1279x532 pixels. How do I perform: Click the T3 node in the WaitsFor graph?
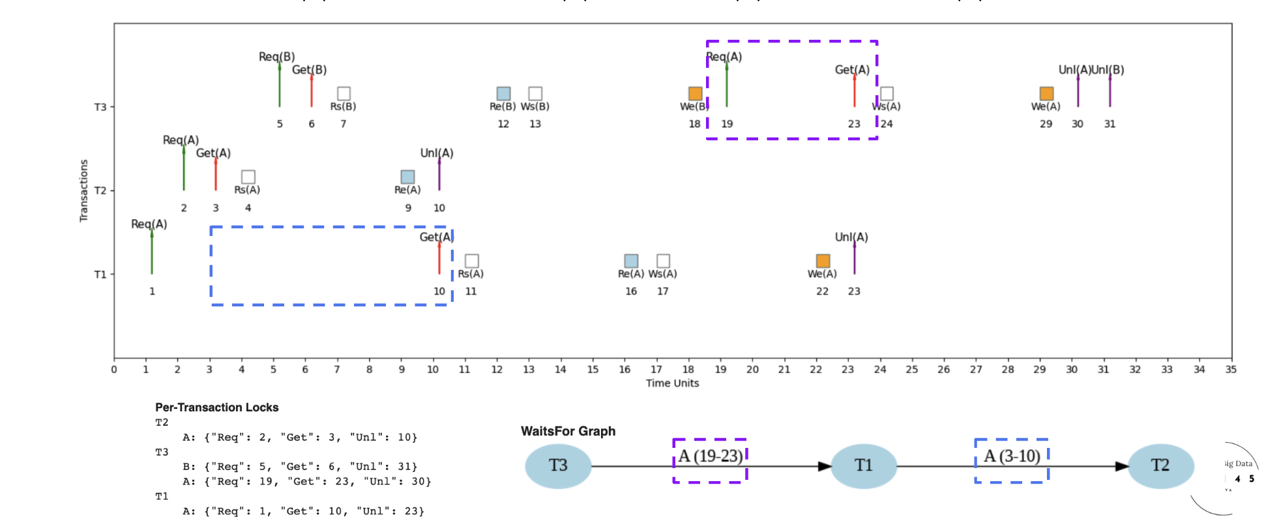pyautogui.click(x=558, y=465)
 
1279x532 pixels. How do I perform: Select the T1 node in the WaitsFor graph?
pyautogui.click(x=863, y=465)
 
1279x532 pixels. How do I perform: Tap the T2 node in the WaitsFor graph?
pyautogui.click(x=1160, y=465)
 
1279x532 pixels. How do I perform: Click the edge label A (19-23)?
pyautogui.click(x=710, y=456)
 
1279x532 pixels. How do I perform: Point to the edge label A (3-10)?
pyautogui.click(x=1012, y=456)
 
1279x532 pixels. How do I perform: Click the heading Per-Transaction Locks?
pyautogui.click(x=216, y=407)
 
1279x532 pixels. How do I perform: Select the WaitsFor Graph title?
pyautogui.click(x=568, y=431)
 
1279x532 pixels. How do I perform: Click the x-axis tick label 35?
pyautogui.click(x=1230, y=370)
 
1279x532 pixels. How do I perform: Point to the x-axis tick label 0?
pyautogui.click(x=114, y=370)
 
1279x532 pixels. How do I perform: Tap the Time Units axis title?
pyautogui.click(x=672, y=383)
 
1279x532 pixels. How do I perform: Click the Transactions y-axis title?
pyautogui.click(x=83, y=190)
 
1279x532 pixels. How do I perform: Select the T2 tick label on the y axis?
pyautogui.click(x=100, y=190)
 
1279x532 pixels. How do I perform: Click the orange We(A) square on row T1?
pyautogui.click(x=823, y=261)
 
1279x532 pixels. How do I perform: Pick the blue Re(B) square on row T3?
pyautogui.click(x=503, y=93)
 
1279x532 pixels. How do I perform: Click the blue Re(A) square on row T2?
pyautogui.click(x=407, y=177)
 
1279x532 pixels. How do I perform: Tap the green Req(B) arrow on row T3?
pyautogui.click(x=280, y=85)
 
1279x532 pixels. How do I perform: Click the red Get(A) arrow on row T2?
pyautogui.click(x=216, y=173)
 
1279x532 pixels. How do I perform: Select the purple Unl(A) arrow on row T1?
pyautogui.click(x=854, y=258)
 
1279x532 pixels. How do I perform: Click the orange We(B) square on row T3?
pyautogui.click(x=695, y=93)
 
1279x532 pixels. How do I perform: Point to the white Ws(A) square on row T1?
pyautogui.click(x=663, y=261)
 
